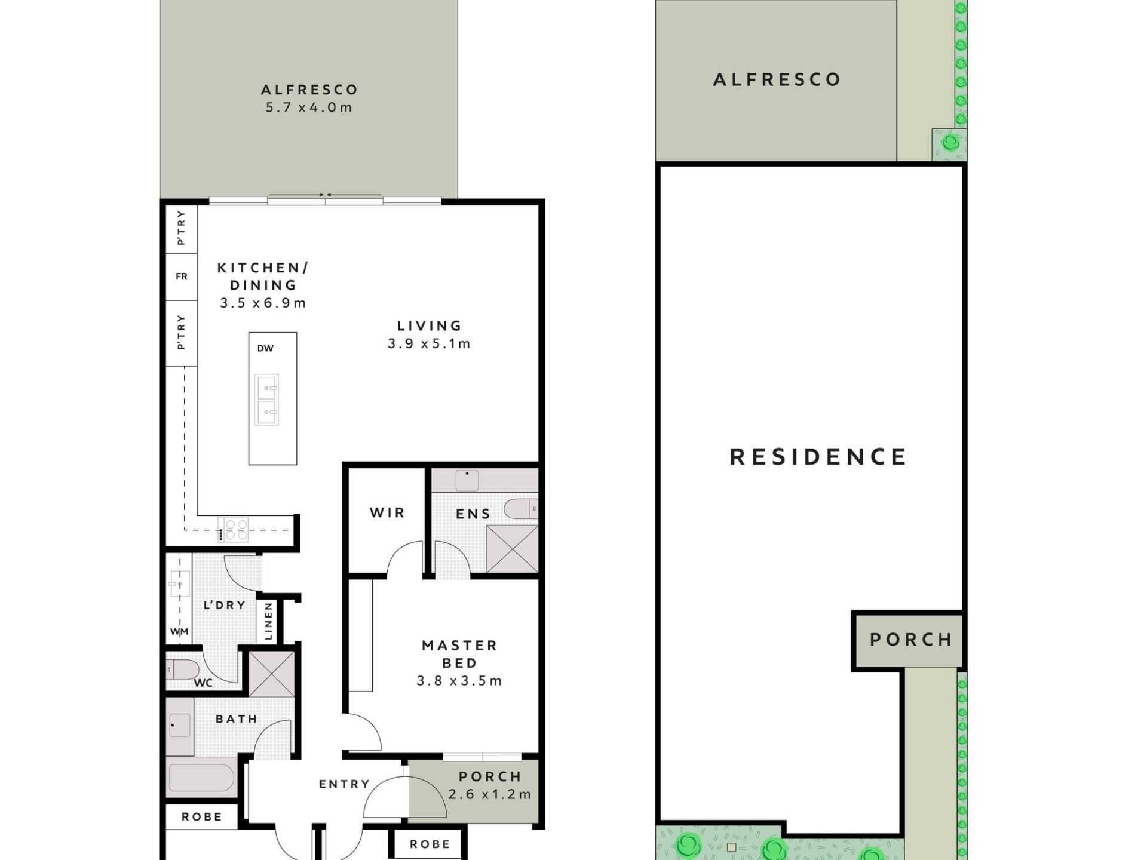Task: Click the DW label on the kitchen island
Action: pyautogui.click(x=265, y=348)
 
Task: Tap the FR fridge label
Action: pyautogui.click(x=182, y=277)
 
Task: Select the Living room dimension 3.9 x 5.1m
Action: pyautogui.click(x=429, y=344)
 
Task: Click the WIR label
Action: pyautogui.click(x=387, y=512)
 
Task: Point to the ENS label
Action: pyautogui.click(x=473, y=514)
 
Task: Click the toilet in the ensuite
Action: pyautogui.click(x=521, y=509)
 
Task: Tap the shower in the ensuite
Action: pyautogui.click(x=512, y=549)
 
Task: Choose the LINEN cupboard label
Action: pyautogui.click(x=268, y=621)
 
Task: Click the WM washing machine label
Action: pyautogui.click(x=179, y=631)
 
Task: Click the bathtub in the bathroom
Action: pyautogui.click(x=201, y=778)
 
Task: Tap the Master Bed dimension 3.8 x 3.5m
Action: pyautogui.click(x=459, y=681)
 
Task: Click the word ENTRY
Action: pyautogui.click(x=344, y=784)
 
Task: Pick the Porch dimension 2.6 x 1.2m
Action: pyautogui.click(x=490, y=794)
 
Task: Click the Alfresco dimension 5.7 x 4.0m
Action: pyautogui.click(x=309, y=107)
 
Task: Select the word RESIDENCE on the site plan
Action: pyautogui.click(x=818, y=457)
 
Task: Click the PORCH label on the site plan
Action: pyautogui.click(x=911, y=640)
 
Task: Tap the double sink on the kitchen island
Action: pyautogui.click(x=266, y=400)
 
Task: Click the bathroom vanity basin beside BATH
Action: pyautogui.click(x=180, y=726)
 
